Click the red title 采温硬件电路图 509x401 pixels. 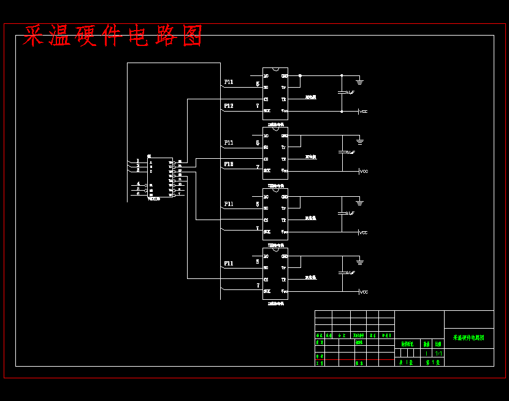pos(113,36)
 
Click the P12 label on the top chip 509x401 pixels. pos(228,106)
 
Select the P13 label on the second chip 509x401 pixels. pos(228,164)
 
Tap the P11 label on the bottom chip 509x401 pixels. pos(228,264)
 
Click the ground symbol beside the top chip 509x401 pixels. pos(360,81)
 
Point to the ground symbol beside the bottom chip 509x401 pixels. pos(360,261)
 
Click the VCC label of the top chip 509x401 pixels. pos(364,112)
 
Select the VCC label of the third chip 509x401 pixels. pos(364,232)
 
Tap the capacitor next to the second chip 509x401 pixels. pos(342,151)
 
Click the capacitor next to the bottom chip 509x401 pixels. pos(342,272)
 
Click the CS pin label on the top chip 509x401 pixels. pos(266,99)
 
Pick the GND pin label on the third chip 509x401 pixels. pos(284,197)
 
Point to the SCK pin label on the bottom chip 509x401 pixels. pos(267,291)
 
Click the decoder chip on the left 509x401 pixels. pos(161,177)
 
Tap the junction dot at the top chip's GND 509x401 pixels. pos(300,75)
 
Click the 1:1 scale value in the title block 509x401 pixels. pos(438,353)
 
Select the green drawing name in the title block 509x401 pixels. pos(469,338)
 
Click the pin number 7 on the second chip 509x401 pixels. pos(258,166)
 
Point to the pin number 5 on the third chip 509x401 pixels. pos(258,204)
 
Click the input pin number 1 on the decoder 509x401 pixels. pos(138,161)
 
